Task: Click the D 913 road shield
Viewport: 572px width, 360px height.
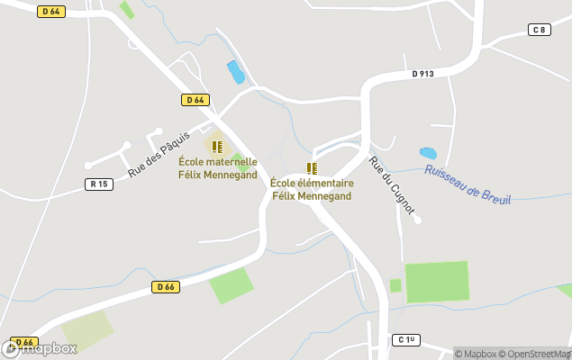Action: pyautogui.click(x=422, y=75)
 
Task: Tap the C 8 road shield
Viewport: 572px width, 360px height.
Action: pyautogui.click(x=539, y=30)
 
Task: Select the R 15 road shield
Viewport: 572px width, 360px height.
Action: pyautogui.click(x=99, y=184)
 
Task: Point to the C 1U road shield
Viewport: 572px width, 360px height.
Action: pyautogui.click(x=408, y=339)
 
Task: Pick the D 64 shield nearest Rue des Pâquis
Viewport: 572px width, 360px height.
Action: pyautogui.click(x=195, y=100)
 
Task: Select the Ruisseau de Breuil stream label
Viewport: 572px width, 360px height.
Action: pyautogui.click(x=468, y=184)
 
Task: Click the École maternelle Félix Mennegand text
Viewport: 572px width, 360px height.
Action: pyautogui.click(x=217, y=168)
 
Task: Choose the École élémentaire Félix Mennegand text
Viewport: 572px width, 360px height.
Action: pyautogui.click(x=313, y=189)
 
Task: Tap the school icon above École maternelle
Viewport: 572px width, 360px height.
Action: pyautogui.click(x=216, y=146)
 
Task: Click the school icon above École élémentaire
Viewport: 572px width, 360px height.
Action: pyautogui.click(x=312, y=168)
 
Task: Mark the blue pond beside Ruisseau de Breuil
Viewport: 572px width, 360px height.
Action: pyautogui.click(x=428, y=154)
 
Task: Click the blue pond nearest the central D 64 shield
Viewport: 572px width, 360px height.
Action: pyautogui.click(x=236, y=72)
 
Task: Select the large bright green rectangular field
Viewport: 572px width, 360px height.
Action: pyautogui.click(x=437, y=282)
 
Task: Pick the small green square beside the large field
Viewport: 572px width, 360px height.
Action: pyautogui.click(x=395, y=285)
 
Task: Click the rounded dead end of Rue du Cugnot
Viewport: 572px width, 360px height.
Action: pyautogui.click(x=417, y=220)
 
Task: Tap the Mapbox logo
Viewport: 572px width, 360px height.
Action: pyautogui.click(x=41, y=348)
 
